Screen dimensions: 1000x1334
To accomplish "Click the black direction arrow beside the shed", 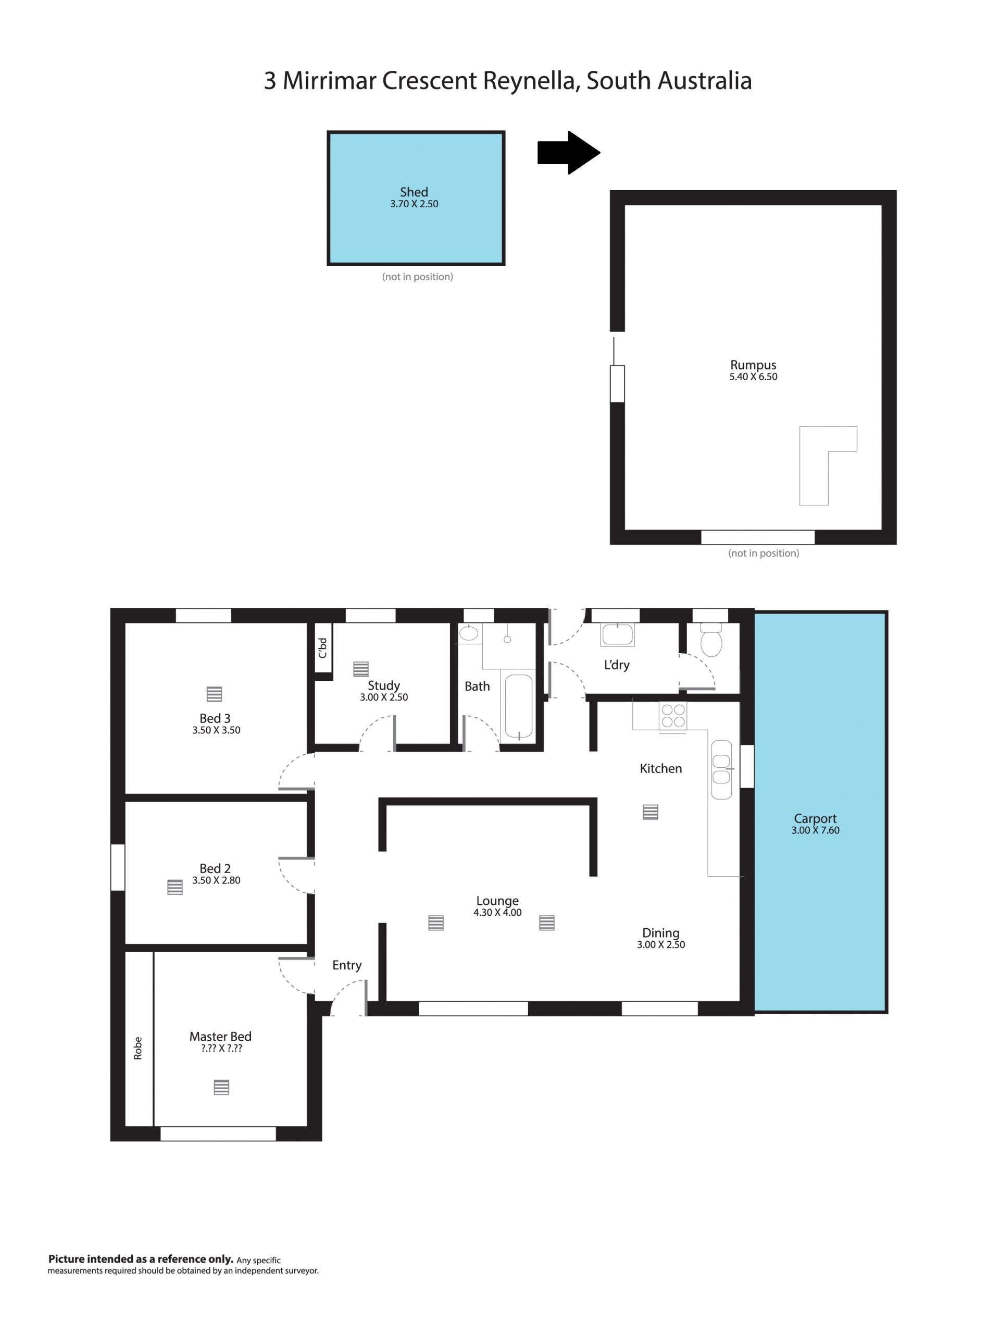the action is click(568, 153).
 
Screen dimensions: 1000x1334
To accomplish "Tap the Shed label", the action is click(414, 192).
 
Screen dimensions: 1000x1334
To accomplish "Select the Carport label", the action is click(815, 818).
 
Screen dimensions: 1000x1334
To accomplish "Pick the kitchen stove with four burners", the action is click(673, 716).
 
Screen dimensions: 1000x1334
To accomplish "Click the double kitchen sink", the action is click(721, 769).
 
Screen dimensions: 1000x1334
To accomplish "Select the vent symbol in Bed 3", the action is click(214, 694).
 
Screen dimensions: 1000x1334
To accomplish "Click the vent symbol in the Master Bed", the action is click(221, 1087).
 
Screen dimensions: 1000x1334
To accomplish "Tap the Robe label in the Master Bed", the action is click(138, 1048).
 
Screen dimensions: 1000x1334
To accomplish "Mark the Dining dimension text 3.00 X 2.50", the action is click(660, 945).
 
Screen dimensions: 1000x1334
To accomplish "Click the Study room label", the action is click(384, 685).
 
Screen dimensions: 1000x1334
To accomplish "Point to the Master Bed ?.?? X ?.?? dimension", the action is click(221, 1049).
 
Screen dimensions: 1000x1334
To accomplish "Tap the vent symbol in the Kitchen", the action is click(650, 813).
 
